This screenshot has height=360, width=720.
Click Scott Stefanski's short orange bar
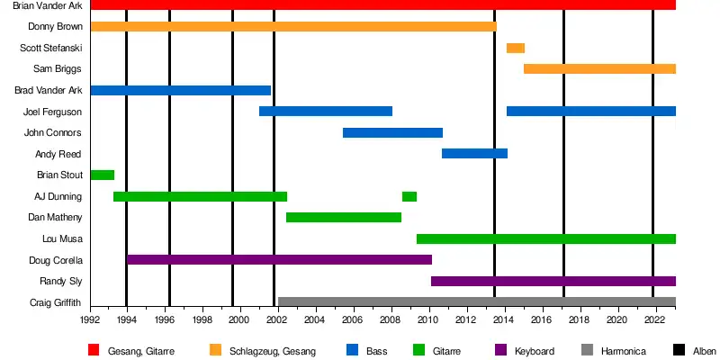(515, 48)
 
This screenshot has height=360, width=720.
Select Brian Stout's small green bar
(102, 175)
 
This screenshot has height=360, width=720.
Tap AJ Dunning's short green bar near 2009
(409, 196)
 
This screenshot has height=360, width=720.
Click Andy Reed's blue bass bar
(474, 154)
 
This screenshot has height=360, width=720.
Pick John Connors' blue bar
(392, 132)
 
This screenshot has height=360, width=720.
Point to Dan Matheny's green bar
(343, 217)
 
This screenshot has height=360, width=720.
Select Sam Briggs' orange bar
(599, 68)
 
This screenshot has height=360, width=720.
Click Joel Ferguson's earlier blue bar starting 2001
(326, 112)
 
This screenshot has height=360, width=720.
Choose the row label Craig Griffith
(56, 302)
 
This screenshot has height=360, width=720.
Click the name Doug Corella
(57, 260)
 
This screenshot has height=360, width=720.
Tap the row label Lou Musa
(62, 238)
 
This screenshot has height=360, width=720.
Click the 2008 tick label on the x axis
(390, 319)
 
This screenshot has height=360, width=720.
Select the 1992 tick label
(90, 319)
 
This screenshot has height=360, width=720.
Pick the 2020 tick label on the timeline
(616, 319)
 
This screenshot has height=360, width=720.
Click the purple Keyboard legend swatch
(501, 350)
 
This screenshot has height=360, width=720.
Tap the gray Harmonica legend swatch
(588, 350)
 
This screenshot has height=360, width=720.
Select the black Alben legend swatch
(677, 350)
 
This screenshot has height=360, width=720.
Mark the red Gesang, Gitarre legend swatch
(94, 350)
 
